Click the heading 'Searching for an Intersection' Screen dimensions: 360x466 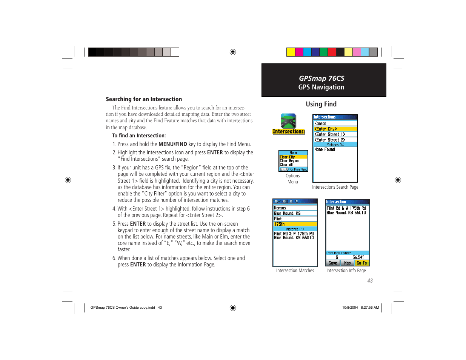144,99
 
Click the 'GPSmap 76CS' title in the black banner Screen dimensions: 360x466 321,78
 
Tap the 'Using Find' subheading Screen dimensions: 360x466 321,104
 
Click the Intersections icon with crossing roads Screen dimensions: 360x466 289,122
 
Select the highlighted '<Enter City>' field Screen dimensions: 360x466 335,129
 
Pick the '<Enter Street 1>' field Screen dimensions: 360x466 335,134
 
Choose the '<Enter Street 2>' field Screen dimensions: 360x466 335,140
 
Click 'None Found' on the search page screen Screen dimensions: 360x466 325,149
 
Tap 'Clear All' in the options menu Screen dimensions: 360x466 286,165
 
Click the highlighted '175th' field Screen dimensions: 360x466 295,224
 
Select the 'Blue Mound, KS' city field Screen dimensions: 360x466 295,214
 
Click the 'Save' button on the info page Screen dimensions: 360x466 333,263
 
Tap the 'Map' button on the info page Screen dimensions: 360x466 348,263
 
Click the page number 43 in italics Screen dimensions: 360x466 370,281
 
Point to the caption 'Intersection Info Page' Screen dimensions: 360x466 346,271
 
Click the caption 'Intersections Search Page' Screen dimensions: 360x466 335,187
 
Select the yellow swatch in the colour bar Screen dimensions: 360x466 291,52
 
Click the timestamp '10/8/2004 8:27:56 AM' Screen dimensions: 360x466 360,308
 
